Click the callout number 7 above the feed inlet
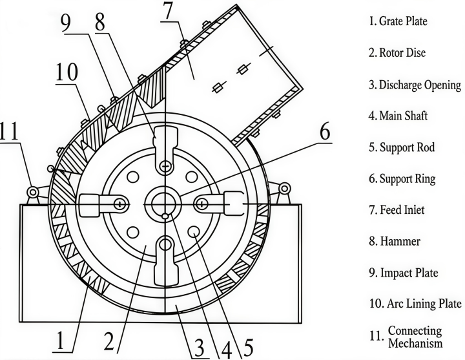[x=168, y=10]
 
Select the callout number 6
[x=325, y=131]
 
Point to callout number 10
[x=67, y=72]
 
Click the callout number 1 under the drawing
[x=60, y=340]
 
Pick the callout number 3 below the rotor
[x=199, y=347]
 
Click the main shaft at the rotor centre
[x=166, y=204]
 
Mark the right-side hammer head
[x=234, y=204]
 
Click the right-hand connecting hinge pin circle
[x=284, y=189]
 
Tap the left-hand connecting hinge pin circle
[x=33, y=192]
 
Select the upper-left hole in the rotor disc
[x=133, y=177]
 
